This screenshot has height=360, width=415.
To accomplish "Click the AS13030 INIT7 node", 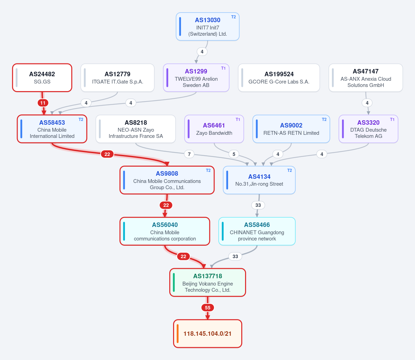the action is coord(208,26).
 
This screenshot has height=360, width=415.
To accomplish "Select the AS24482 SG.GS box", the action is coord(42,78).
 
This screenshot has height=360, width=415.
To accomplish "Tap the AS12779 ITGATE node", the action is coord(118,78).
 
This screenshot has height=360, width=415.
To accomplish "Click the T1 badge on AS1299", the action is coord(223,68).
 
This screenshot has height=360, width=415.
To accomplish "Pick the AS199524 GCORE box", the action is coord(279,78).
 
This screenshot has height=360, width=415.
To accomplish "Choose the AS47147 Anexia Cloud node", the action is coord(366,78).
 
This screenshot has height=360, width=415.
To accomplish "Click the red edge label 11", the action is coord(43,103).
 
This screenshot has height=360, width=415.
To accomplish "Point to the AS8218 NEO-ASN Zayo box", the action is coord(136,129).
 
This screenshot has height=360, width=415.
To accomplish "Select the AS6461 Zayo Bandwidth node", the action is coord(214,129).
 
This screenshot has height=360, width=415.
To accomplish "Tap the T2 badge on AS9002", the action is coord(324,120).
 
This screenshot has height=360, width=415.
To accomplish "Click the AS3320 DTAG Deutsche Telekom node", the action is coord(368,129).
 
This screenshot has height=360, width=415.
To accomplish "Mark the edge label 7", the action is coord(189,154).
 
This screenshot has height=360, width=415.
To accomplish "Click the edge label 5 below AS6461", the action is coord(234,154).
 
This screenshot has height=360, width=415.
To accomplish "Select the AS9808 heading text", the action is coord(167,174).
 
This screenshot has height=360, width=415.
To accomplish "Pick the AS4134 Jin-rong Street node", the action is coord(259,180).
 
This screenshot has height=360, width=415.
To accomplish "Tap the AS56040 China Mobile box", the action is coord(165,231).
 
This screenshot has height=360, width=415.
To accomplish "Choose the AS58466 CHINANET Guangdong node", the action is coord(257,231).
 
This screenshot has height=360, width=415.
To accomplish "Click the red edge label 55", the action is coord(208,308).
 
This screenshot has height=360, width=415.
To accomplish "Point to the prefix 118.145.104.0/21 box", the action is coord(208,334).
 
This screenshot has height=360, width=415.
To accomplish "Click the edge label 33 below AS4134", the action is coord(258,205).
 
